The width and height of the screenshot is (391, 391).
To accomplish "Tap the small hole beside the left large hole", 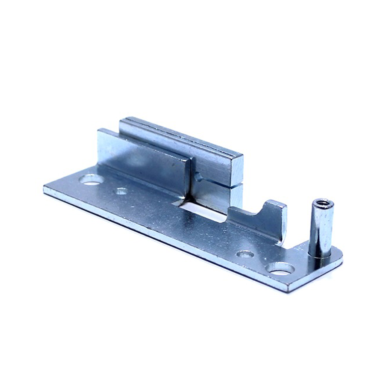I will pos(121,191).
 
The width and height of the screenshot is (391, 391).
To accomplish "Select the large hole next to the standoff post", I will pos(280,268).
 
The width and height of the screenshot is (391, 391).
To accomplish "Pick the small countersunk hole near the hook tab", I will pos(245,254).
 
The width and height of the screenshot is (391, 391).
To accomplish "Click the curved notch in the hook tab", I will pos(260,211).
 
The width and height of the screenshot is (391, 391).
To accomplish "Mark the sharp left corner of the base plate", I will pos(44,189).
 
